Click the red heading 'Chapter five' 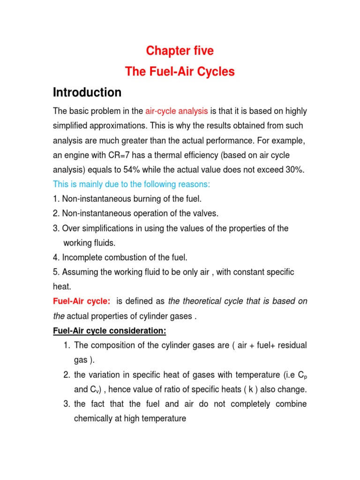tap(180, 51)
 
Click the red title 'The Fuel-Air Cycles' tap(180, 72)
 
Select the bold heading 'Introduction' tap(87, 92)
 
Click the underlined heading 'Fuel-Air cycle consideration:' tap(109, 331)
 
